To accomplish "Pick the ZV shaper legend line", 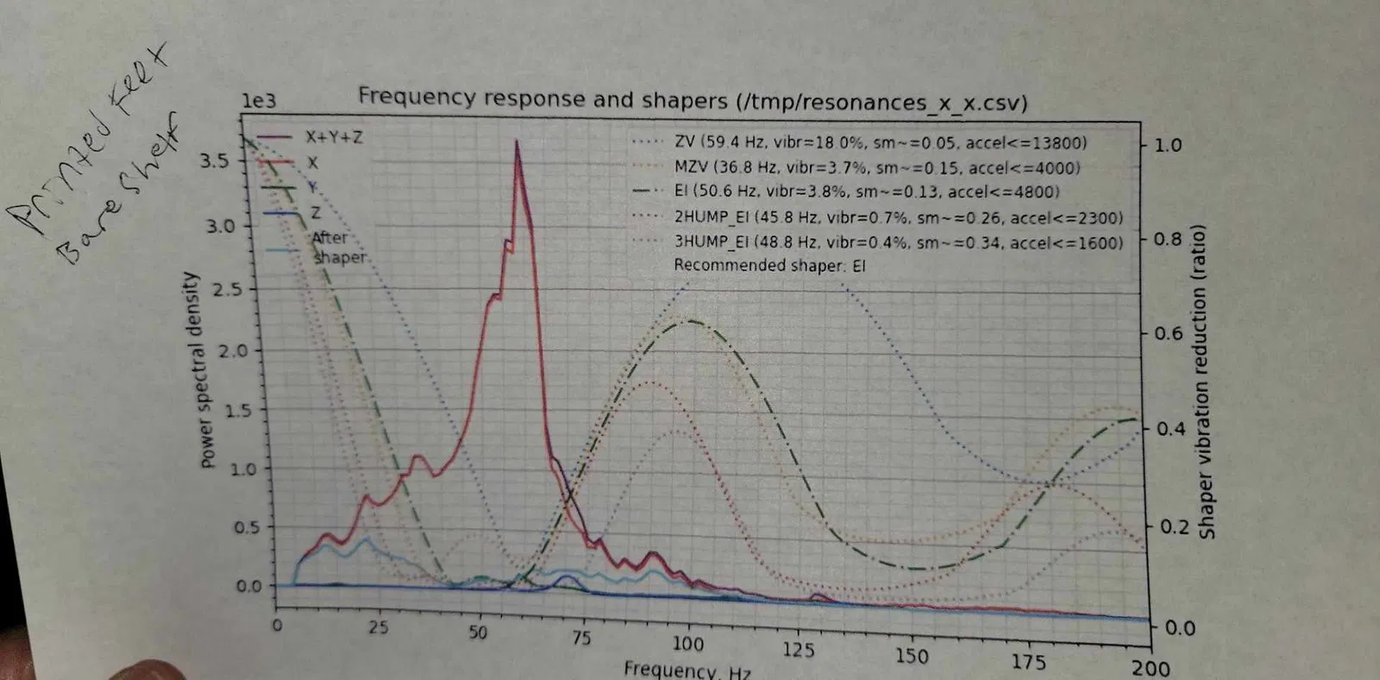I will [880, 142].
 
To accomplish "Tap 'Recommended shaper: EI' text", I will [769, 266].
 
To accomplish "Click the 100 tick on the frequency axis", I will [687, 643].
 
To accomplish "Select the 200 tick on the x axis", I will [1151, 668].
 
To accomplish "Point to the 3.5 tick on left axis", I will [215, 161].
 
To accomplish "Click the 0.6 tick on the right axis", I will [1167, 333].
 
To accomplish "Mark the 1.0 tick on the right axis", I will [1167, 145].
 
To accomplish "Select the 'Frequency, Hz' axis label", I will [687, 671].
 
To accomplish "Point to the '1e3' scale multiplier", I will [259, 101].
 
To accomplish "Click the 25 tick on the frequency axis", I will [379, 627].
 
